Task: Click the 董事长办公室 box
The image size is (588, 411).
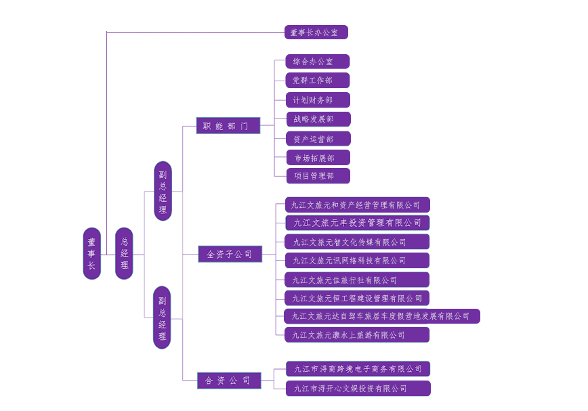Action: coord(316,32)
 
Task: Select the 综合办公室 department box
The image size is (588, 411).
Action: coord(317,62)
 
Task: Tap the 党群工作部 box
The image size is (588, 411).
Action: coord(317,81)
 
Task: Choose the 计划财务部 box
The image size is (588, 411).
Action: coord(317,100)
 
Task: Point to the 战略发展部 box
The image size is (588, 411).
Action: coord(317,119)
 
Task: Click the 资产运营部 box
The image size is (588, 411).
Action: coord(317,139)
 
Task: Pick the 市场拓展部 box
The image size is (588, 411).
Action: coord(317,158)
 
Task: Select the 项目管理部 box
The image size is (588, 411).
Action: coord(317,176)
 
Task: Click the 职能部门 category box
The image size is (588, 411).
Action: coord(228,126)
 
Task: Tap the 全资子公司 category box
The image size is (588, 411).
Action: coord(230,254)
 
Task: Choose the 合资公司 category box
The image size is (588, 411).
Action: coord(228,381)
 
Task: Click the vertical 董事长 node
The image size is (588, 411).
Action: coord(91,254)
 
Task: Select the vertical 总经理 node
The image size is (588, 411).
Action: coord(124,254)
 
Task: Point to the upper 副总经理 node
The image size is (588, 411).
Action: coord(163,191)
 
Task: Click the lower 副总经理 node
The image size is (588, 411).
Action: coord(162,318)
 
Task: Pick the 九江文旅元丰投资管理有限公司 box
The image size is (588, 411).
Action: coord(357,223)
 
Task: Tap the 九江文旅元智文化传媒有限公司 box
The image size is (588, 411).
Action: coord(357,242)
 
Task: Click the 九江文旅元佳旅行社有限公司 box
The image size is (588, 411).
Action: coord(357,280)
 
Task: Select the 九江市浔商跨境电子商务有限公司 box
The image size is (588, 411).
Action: coord(358,369)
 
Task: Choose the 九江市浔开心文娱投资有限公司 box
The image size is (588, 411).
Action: coord(358,389)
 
